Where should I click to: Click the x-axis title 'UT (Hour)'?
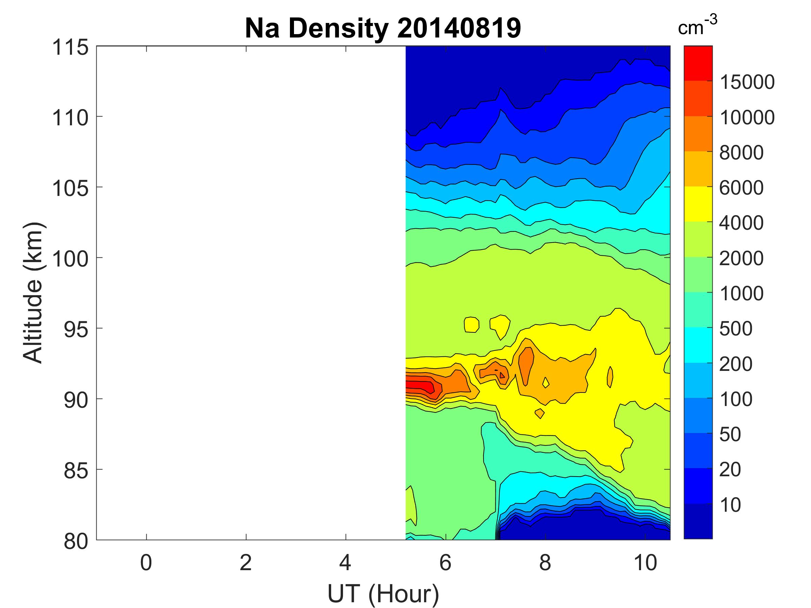point(383,593)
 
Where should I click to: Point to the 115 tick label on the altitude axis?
point(70,48)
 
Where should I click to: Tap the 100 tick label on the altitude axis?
point(70,259)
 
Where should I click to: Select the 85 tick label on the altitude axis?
point(76,470)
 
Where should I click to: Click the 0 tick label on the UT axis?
point(146,562)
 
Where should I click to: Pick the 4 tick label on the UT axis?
point(345,562)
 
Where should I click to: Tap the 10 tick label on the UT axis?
point(645,562)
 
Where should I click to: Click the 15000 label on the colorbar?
point(747,82)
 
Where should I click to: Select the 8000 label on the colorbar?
point(741,152)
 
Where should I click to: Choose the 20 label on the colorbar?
point(730,470)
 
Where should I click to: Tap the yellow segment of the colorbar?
point(698,204)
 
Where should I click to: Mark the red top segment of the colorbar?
point(698,63)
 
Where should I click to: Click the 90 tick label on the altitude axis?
point(76,400)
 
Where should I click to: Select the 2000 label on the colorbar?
point(741,258)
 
